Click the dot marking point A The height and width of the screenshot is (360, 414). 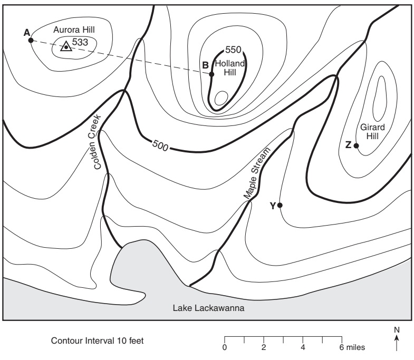click(31, 41)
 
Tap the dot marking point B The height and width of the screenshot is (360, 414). click(211, 74)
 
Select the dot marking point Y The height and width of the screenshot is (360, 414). click(280, 205)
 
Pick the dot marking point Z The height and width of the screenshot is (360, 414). click(356, 145)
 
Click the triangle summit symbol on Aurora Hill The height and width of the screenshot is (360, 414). click(66, 46)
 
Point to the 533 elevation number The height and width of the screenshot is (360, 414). click(80, 42)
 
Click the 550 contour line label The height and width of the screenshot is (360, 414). click(233, 50)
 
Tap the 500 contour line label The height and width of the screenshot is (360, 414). click(160, 145)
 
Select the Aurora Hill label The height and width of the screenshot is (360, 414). click(74, 30)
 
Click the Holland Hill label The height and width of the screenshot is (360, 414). click(230, 68)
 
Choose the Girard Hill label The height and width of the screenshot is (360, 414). click(372, 131)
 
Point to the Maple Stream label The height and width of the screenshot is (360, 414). click(257, 173)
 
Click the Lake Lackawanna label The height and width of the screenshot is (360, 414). click(209, 308)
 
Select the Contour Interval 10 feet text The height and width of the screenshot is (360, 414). click(97, 340)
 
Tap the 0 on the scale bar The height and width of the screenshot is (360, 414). click(225, 347)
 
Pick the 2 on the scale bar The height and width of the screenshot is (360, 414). click(264, 347)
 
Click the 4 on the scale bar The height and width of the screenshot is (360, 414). click(303, 347)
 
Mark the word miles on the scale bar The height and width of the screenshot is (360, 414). click(355, 347)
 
